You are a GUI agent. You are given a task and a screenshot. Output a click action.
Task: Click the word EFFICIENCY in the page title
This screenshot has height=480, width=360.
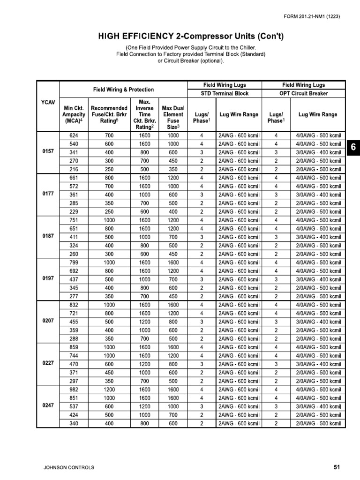pyautogui.click(x=152, y=37)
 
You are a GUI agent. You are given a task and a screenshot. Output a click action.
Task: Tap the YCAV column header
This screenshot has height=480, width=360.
pyautogui.click(x=48, y=102)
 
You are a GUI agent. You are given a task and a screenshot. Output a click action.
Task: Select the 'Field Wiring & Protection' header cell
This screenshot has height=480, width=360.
pyautogui.click(x=124, y=89)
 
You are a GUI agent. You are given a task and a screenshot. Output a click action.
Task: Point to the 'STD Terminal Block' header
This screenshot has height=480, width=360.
pyautogui.click(x=225, y=93)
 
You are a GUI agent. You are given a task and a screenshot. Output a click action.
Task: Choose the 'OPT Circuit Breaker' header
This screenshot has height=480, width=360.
pyautogui.click(x=304, y=93)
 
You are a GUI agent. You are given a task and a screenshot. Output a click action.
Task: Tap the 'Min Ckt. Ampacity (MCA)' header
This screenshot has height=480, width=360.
pyautogui.click(x=74, y=114)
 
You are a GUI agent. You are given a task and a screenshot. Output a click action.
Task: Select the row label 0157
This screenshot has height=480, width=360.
pyautogui.click(x=48, y=152)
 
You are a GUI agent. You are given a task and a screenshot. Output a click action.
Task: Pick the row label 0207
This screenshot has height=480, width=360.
pyautogui.click(x=48, y=322)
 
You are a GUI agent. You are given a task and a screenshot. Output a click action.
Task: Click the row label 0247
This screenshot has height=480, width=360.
pyautogui.click(x=48, y=406)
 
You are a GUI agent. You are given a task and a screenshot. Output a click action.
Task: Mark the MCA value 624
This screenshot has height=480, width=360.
pyautogui.click(x=74, y=135)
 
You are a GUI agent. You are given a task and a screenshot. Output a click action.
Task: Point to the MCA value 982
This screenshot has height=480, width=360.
pyautogui.click(x=74, y=390)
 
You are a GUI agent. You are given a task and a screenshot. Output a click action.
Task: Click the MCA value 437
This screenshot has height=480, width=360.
pyautogui.click(x=74, y=279)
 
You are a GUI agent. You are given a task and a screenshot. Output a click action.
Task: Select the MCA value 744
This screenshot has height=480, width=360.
pyautogui.click(x=74, y=356)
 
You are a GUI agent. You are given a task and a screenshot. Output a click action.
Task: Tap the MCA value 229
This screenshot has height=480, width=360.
pyautogui.click(x=74, y=212)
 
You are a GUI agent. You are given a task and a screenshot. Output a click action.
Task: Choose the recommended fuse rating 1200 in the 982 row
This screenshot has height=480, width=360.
pyautogui.click(x=109, y=390)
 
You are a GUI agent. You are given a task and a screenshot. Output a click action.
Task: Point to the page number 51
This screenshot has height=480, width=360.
pyautogui.click(x=337, y=467)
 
